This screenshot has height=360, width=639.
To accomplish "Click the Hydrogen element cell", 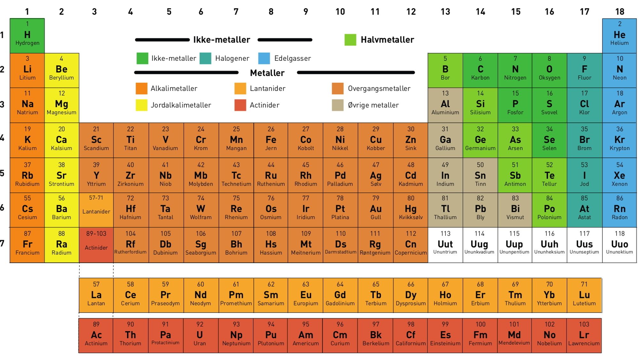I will [27, 35].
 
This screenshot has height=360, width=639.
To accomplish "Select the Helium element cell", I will [619, 35].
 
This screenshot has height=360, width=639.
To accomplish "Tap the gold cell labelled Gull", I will [375, 210].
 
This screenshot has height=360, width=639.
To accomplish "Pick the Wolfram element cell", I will [201, 210].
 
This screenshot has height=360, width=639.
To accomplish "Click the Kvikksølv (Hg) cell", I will [411, 210].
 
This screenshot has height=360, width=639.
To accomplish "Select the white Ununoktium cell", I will [619, 245].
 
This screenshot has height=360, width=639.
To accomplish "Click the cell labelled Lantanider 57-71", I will [96, 210].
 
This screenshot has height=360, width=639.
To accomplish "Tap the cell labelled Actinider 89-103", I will [96, 245].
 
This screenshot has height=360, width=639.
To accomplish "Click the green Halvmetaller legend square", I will [350, 40].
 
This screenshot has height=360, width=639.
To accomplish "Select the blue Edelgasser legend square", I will [264, 59].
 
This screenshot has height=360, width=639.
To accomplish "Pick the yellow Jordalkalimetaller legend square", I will [142, 105].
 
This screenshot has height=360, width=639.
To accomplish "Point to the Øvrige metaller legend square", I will [338, 105].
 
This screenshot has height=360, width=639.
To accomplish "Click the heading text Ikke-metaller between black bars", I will [222, 40].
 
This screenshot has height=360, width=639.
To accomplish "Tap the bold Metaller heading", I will [267, 73].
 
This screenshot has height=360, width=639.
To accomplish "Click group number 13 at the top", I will [445, 12].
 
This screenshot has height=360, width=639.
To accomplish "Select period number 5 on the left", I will [2, 173].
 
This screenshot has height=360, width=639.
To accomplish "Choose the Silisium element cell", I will [480, 105].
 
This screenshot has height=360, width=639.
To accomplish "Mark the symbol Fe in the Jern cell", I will [271, 140].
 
